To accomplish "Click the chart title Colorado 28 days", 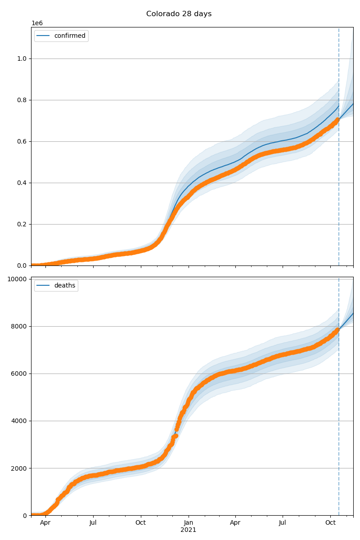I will click(x=179, y=14).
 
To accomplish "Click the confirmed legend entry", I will click(x=70, y=36).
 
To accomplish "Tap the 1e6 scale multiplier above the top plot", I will click(x=37, y=23).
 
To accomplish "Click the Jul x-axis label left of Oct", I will click(x=93, y=523).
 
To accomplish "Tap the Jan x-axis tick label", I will click(x=189, y=523).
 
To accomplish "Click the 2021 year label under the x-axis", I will click(x=189, y=530).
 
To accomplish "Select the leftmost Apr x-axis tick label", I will click(x=45, y=523).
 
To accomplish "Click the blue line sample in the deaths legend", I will click(x=44, y=286).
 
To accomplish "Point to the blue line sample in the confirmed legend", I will click(x=44, y=36).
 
